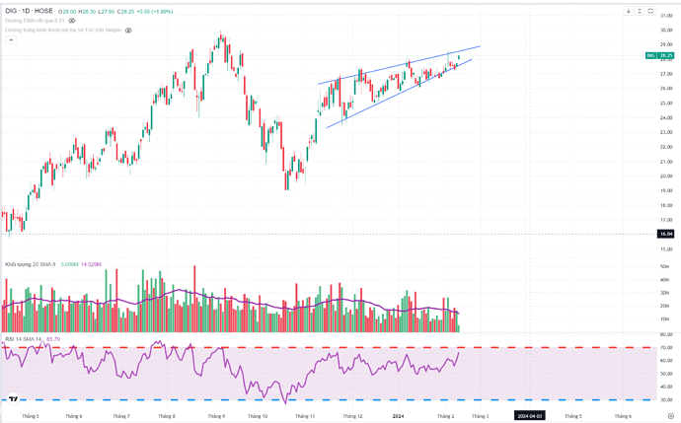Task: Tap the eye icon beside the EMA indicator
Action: pos(72,21)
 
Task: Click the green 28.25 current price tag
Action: pos(666,56)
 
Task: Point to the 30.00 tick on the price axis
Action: pos(666,30)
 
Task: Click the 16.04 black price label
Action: pos(666,234)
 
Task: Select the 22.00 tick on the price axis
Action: pos(666,147)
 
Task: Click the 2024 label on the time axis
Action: pos(398,416)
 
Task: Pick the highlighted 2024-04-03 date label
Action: pos(530,416)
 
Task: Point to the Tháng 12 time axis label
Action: pos(352,416)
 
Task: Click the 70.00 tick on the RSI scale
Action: pos(666,348)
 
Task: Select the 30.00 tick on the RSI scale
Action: pos(666,399)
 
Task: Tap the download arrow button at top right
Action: pos(629,12)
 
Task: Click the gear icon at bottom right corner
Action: pos(670,416)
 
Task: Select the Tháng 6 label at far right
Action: pos(623,416)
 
